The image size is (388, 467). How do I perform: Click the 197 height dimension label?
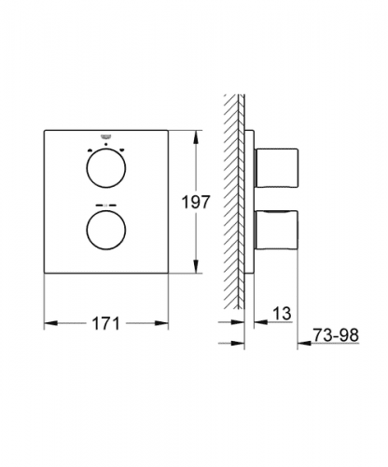196,202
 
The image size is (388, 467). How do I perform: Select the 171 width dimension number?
105,324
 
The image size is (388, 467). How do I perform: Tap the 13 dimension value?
283,313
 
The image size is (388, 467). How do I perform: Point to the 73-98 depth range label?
336,335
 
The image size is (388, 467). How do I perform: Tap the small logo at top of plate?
106,136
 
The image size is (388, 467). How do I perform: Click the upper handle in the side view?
276,168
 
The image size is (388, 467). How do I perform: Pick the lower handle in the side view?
276,230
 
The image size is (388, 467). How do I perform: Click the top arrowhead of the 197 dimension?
196,137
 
